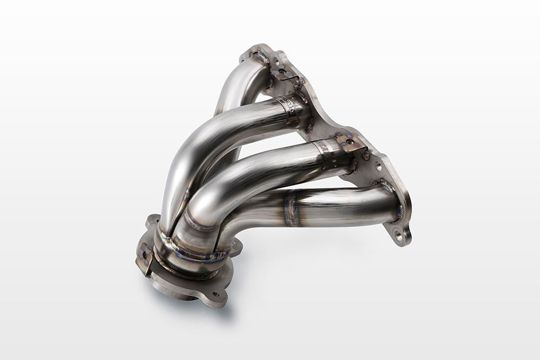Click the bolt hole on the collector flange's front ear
(215, 294)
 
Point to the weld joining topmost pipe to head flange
(259, 59)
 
